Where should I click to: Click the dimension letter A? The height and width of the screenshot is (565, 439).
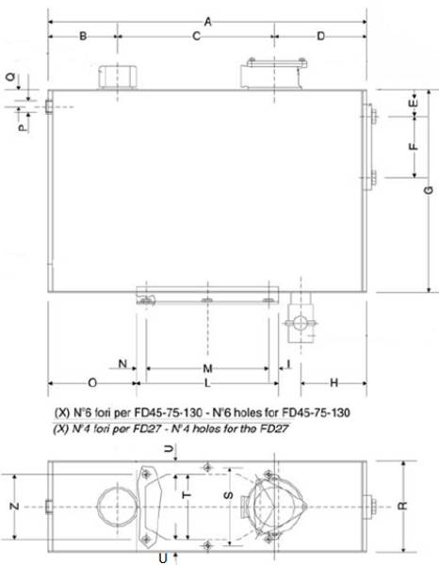coord(207,21)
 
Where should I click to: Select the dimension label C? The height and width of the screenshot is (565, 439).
coord(196,37)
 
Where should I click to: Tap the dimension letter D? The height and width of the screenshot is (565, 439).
coord(320,37)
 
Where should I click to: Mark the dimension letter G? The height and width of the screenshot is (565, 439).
coord(428,192)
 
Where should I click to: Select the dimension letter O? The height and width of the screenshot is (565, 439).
coord(91,383)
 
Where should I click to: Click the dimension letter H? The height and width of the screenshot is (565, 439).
coord(333,383)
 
